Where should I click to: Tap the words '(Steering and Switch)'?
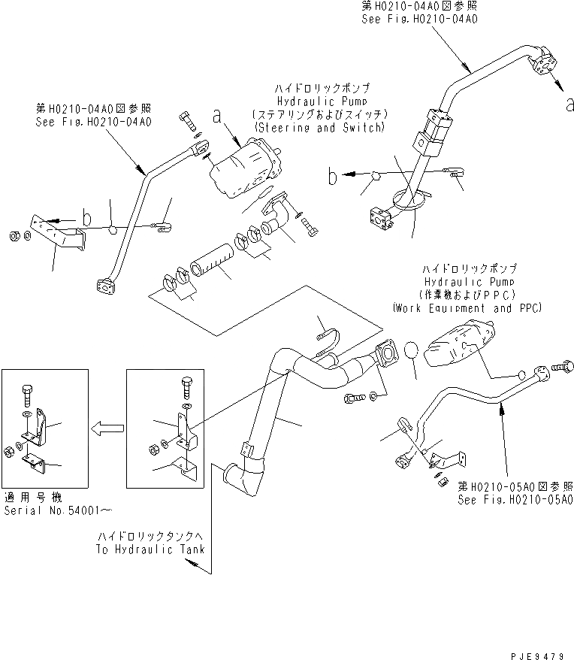coord(319,128)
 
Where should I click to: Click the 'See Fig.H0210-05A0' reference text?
coord(515,499)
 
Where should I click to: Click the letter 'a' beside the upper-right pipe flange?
coord(568,105)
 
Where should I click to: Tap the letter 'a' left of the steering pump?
coord(218,116)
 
